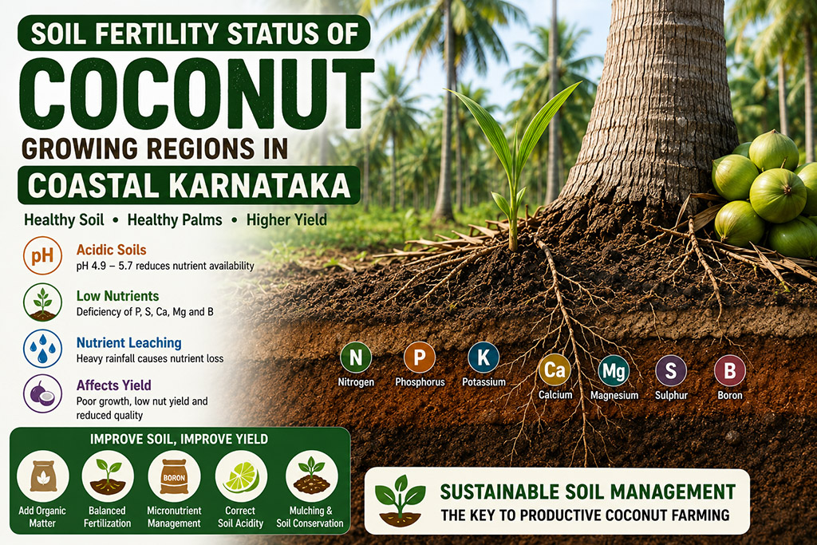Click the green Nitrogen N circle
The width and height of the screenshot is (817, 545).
click(x=356, y=357)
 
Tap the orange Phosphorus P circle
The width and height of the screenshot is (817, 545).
click(x=420, y=357)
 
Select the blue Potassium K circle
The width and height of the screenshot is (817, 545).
click(x=483, y=357)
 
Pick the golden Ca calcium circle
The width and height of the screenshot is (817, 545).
click(x=555, y=370)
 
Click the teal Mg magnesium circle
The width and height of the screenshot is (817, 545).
click(x=614, y=370)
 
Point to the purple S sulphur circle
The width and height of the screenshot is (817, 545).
click(x=671, y=370)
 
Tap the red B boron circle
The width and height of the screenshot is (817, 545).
click(x=729, y=370)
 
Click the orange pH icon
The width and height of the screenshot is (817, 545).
click(x=43, y=256)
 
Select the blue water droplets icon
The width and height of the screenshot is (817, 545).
click(x=43, y=348)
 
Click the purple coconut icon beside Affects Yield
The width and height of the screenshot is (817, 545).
click(x=43, y=393)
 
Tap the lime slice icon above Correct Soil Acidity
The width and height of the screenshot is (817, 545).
click(x=241, y=476)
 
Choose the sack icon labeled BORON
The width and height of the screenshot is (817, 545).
click(x=174, y=476)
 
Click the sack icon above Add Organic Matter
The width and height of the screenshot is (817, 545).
click(x=43, y=476)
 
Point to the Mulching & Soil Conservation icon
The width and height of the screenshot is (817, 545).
click(x=312, y=476)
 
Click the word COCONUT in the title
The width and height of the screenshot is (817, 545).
click(x=196, y=94)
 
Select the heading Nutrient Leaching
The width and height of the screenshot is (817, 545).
click(x=128, y=343)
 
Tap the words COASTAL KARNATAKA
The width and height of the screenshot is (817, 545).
click(x=188, y=185)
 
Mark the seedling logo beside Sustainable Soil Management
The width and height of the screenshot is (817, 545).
click(x=401, y=501)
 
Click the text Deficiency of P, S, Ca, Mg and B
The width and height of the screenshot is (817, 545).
click(x=145, y=312)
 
